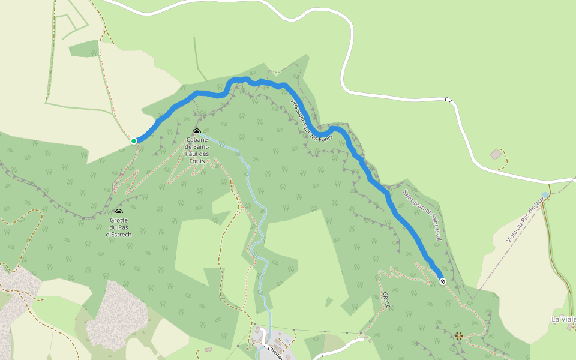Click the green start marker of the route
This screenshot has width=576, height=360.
pyautogui.click(x=134, y=141)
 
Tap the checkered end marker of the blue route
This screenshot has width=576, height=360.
pyautogui.click(x=442, y=281)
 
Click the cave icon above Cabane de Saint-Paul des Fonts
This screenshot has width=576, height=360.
pyautogui.click(x=196, y=131)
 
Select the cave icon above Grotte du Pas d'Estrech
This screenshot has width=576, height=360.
pyautogui.click(x=118, y=212)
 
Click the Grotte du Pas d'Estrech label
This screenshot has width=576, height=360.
pyautogui.click(x=118, y=227)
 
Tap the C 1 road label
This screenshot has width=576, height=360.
pyautogui.click(x=448, y=100)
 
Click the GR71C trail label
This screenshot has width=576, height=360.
pyautogui.click(x=386, y=300)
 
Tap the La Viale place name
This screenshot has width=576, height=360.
pyautogui.click(x=564, y=319)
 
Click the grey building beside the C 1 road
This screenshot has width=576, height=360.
pyautogui.click(x=496, y=155)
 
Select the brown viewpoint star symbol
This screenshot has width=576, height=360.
pyautogui.click(x=459, y=335)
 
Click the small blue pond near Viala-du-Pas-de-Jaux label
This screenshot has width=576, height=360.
pyautogui.click(x=545, y=195)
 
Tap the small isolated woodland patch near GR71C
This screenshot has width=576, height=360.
pyautogui.click(x=328, y=301)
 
